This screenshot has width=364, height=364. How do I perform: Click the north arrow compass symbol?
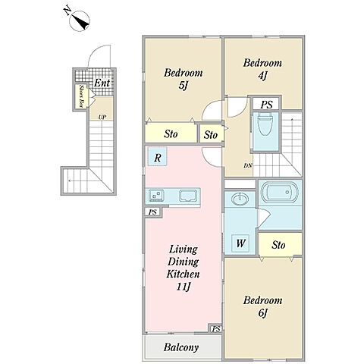[80, 20]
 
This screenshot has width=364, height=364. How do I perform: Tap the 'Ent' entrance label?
[102, 83]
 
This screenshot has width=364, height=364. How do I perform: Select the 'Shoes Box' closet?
[81, 96]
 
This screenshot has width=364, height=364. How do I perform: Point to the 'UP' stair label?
[102, 117]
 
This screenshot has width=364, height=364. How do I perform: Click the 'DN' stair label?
[248, 166]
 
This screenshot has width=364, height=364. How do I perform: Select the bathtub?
[280, 193]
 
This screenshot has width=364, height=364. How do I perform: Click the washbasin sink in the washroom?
[240, 199]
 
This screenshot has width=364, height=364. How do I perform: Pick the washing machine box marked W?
[240, 243]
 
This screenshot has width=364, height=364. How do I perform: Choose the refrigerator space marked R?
[157, 156]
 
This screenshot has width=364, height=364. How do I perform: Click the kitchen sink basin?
[188, 196]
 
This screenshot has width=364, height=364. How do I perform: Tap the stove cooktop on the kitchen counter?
[156, 196]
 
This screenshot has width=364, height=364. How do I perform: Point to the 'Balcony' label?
[181, 347]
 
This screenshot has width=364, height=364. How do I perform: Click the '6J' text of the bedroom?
[262, 313]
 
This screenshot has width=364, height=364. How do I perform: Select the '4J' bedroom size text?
[262, 75]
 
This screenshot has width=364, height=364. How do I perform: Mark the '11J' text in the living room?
[183, 287]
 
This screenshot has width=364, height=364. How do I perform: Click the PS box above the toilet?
[266, 104]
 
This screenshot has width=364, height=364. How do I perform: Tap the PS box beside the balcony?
[216, 329]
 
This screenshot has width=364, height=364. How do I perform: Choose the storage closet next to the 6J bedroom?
[280, 244]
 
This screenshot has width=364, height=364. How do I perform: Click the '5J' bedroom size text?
[183, 86]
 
